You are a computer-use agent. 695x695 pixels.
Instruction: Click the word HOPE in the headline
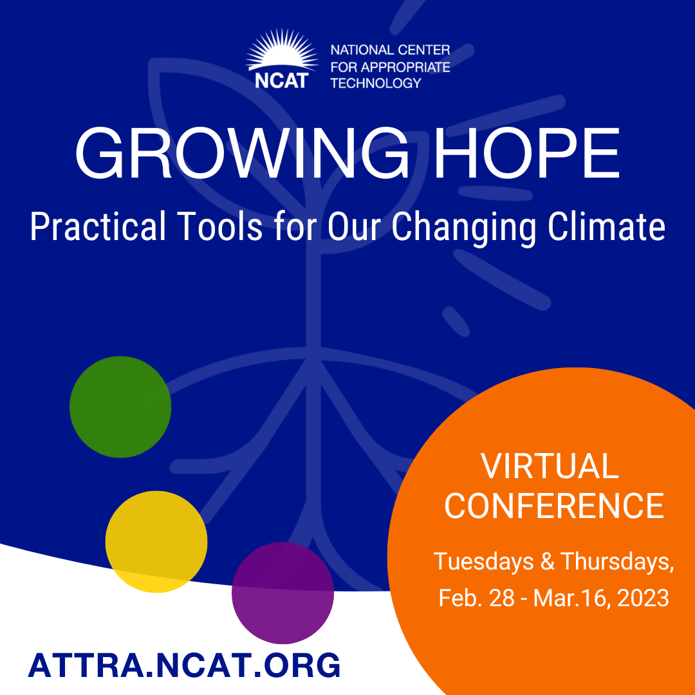click(526, 153)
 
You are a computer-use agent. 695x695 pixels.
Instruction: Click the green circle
click(120, 407)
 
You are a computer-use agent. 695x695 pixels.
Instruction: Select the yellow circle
click(156, 542)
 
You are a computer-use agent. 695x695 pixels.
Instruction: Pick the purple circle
click(283, 593)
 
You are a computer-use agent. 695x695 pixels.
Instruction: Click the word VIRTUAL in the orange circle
click(550, 467)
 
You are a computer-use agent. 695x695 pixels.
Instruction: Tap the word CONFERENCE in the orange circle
click(554, 506)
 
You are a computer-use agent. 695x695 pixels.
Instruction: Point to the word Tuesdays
click(483, 562)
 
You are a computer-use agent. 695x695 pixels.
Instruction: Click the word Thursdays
click(617, 561)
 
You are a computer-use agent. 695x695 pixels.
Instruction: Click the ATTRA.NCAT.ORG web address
click(185, 665)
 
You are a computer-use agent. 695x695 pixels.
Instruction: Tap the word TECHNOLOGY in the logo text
click(376, 83)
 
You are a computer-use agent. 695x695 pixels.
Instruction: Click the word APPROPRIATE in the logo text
click(405, 67)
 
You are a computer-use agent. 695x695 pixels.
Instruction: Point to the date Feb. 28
click(476, 598)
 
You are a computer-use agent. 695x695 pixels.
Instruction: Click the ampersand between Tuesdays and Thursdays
click(548, 561)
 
